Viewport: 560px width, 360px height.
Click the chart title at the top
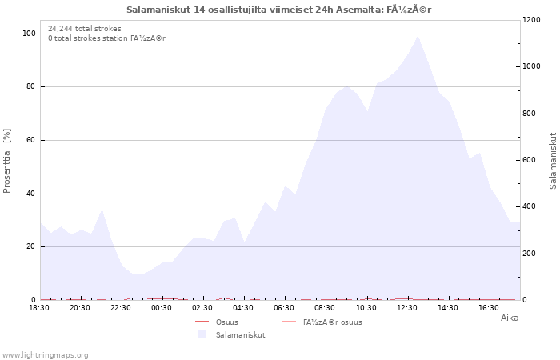(279, 10)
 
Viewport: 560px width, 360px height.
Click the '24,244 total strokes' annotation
(85, 29)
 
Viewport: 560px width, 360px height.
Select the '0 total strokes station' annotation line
(106, 38)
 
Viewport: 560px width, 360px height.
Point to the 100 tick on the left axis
(29, 34)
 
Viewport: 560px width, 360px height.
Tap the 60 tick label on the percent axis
(30, 140)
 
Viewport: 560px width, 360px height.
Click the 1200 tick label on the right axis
(531, 20)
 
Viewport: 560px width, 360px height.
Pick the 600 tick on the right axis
(530, 160)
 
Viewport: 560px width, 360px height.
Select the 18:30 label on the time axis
(39, 308)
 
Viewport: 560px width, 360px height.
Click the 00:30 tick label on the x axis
(162, 308)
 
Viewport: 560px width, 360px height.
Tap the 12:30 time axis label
(407, 308)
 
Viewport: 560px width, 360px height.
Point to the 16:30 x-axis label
(489, 308)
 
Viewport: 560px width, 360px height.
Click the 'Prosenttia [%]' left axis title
(6, 161)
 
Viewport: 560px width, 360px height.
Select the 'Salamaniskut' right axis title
(553, 161)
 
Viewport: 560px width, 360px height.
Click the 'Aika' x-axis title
(510, 318)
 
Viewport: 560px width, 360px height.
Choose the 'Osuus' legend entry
(226, 322)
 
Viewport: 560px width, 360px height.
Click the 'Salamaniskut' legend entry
(240, 335)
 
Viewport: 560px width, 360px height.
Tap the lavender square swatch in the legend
(202, 334)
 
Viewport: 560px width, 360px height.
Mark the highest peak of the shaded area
(418, 36)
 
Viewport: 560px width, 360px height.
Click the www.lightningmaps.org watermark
(45, 355)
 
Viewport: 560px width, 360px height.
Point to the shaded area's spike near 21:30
(102, 210)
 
